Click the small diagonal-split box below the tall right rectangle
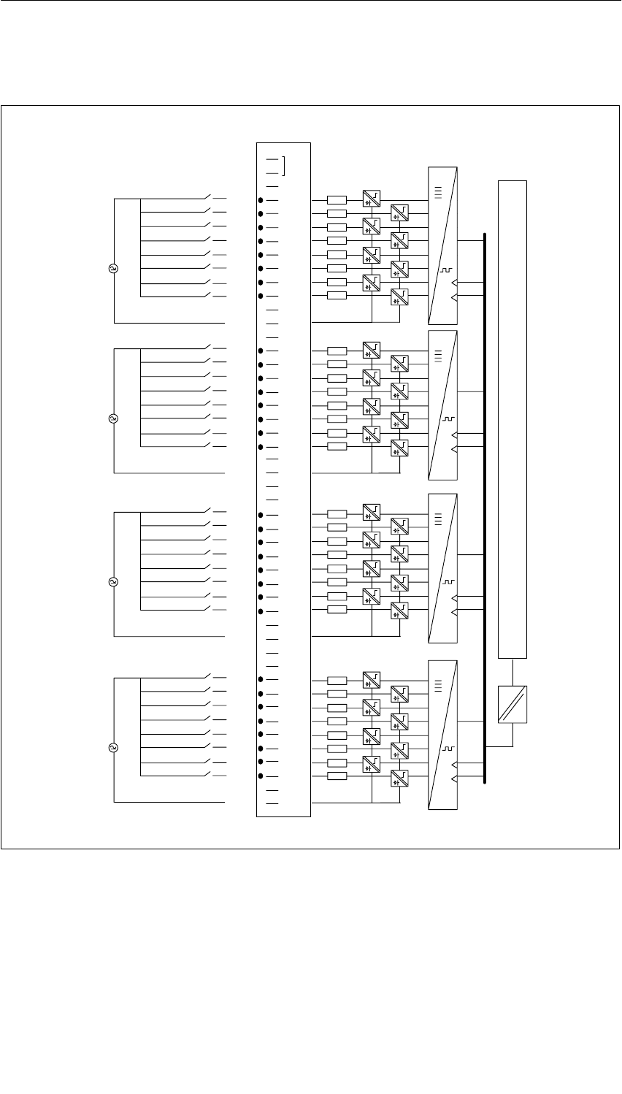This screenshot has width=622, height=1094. pyautogui.click(x=512, y=705)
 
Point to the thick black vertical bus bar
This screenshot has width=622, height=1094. pyautogui.click(x=484, y=511)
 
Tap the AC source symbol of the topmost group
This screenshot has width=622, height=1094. pyautogui.click(x=114, y=269)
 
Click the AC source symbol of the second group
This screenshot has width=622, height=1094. pyautogui.click(x=114, y=418)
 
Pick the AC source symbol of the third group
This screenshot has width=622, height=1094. pyautogui.click(x=114, y=582)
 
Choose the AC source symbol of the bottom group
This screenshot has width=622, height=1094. pyautogui.click(x=114, y=748)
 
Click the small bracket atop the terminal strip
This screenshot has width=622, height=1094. pyautogui.click(x=283, y=166)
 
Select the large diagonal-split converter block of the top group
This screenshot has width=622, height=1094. pyautogui.click(x=443, y=245)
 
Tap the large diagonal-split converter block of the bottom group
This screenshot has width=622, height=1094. pyautogui.click(x=443, y=735)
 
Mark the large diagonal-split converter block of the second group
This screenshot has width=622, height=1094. pyautogui.click(x=443, y=405)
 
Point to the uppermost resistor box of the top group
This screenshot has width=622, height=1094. pyautogui.click(x=337, y=199)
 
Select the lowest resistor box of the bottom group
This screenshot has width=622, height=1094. pyautogui.click(x=337, y=776)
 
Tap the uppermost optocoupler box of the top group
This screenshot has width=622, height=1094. pyautogui.click(x=371, y=198)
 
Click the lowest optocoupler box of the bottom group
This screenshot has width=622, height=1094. pyautogui.click(x=399, y=779)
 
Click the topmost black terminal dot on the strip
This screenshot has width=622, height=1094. pyautogui.click(x=261, y=199)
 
